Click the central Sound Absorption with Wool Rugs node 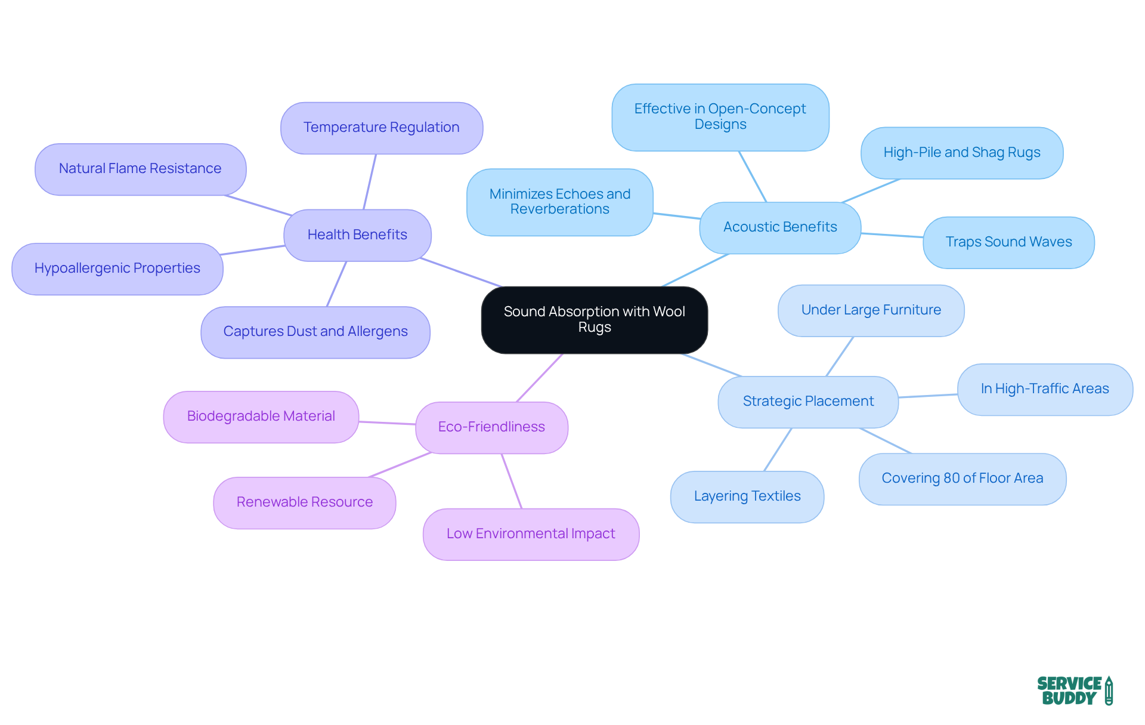594,320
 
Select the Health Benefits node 357,235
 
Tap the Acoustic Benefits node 780,227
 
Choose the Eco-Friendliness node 491,427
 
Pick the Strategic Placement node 808,402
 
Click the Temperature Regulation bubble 381,128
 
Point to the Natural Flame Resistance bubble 140,169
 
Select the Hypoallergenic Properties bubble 117,269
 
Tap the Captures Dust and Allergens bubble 315,332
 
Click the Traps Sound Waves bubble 1008,242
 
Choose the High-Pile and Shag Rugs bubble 961,153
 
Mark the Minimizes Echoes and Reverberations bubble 559,202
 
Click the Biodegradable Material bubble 261,417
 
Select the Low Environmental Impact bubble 531,534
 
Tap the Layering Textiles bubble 747,496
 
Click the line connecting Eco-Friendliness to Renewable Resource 400,465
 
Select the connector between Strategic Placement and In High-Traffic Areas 928,396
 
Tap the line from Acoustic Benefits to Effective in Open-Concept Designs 753,177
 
